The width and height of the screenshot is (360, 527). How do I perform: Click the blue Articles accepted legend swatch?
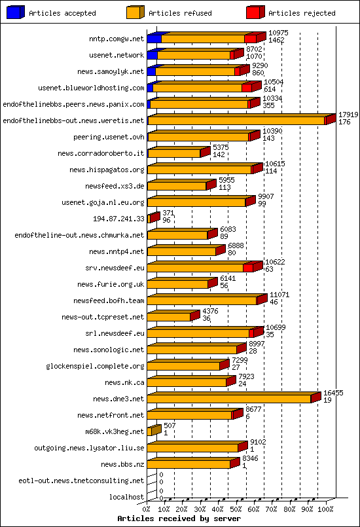click(x=15, y=12)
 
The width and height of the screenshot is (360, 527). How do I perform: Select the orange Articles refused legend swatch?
click(x=135, y=12)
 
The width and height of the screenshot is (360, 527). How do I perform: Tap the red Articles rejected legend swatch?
click(x=255, y=12)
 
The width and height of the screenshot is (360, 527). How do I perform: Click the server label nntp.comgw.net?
click(x=117, y=39)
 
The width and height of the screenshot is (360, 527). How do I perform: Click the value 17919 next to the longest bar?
click(x=348, y=115)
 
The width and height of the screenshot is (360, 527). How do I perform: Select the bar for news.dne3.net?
click(x=229, y=398)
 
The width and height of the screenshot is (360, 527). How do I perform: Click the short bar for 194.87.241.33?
click(x=152, y=218)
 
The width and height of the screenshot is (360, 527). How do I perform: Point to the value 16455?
click(x=333, y=393)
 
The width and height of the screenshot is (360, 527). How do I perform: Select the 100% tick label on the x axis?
click(x=325, y=509)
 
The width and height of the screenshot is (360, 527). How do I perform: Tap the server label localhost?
click(x=126, y=497)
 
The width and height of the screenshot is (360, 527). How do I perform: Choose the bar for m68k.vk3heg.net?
click(x=153, y=431)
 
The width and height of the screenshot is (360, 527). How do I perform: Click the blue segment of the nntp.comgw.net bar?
click(x=154, y=39)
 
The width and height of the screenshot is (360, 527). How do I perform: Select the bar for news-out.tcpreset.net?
click(x=170, y=316)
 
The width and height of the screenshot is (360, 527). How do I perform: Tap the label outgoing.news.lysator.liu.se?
click(x=89, y=448)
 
